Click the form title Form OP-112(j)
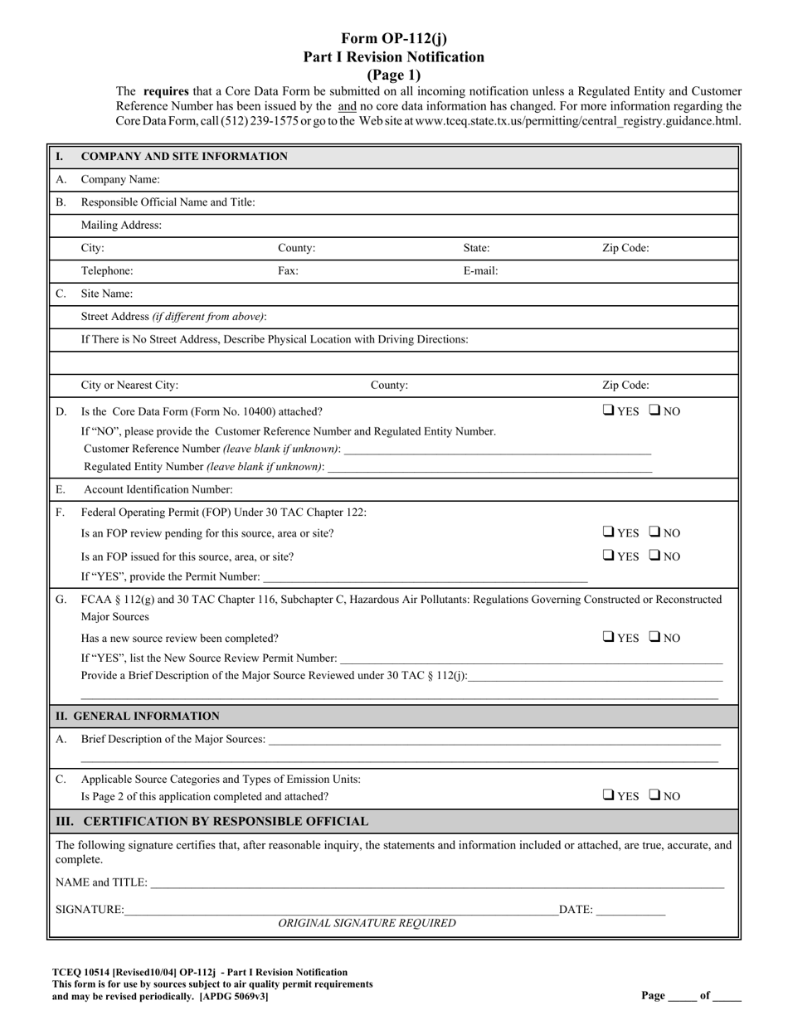[393, 38]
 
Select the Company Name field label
[120, 180]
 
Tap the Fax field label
[288, 271]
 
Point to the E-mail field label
[480, 271]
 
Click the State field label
[476, 248]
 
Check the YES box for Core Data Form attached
[609, 410]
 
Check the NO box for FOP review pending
[654, 532]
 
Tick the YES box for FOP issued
[609, 556]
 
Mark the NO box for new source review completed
[654, 638]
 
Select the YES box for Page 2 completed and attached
[609, 795]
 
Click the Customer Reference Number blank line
[497, 450]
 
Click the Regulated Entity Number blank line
[489, 469]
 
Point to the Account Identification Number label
[158, 490]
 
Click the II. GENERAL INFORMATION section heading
[138, 716]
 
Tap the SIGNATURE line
[340, 911]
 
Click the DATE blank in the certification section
[630, 911]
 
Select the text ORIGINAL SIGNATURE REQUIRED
[367, 924]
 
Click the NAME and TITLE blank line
[436, 884]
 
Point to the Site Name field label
[106, 294]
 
